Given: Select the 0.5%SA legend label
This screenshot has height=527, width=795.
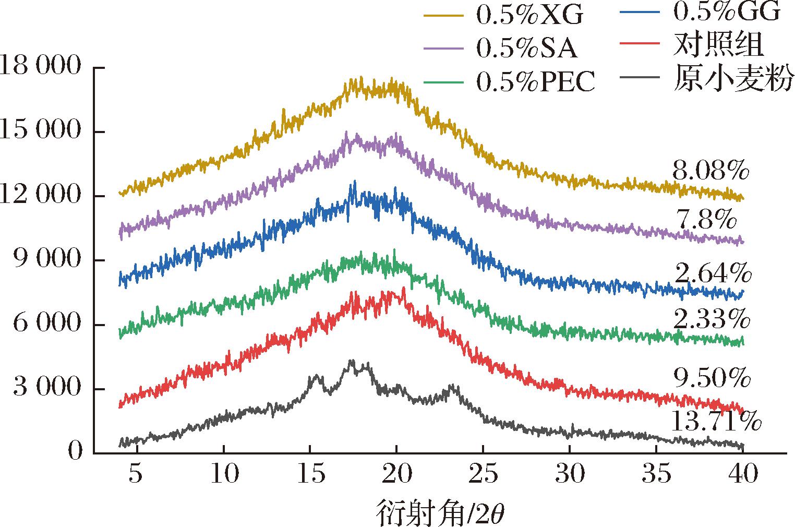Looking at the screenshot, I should point(526,49).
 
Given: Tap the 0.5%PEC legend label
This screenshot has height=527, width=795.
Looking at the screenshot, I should point(535,82).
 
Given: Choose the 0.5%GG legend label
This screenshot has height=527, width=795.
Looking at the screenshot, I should point(726,11).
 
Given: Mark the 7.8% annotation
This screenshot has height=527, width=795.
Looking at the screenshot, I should point(705,221).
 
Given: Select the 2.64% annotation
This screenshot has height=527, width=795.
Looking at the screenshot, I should point(713,273).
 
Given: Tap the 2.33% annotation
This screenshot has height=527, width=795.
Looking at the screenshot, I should point(712,319).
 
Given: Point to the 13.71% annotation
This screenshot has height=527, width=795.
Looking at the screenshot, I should point(714,421).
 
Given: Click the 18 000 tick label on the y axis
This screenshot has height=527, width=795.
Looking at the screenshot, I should point(42,67).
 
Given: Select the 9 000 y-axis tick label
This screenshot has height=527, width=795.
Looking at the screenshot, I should point(49,260).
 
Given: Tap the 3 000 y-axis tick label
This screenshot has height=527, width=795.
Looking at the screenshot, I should point(49,389).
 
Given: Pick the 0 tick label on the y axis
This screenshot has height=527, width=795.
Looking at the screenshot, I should point(76,452).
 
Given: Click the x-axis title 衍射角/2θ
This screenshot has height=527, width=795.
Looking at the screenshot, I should point(440,514).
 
